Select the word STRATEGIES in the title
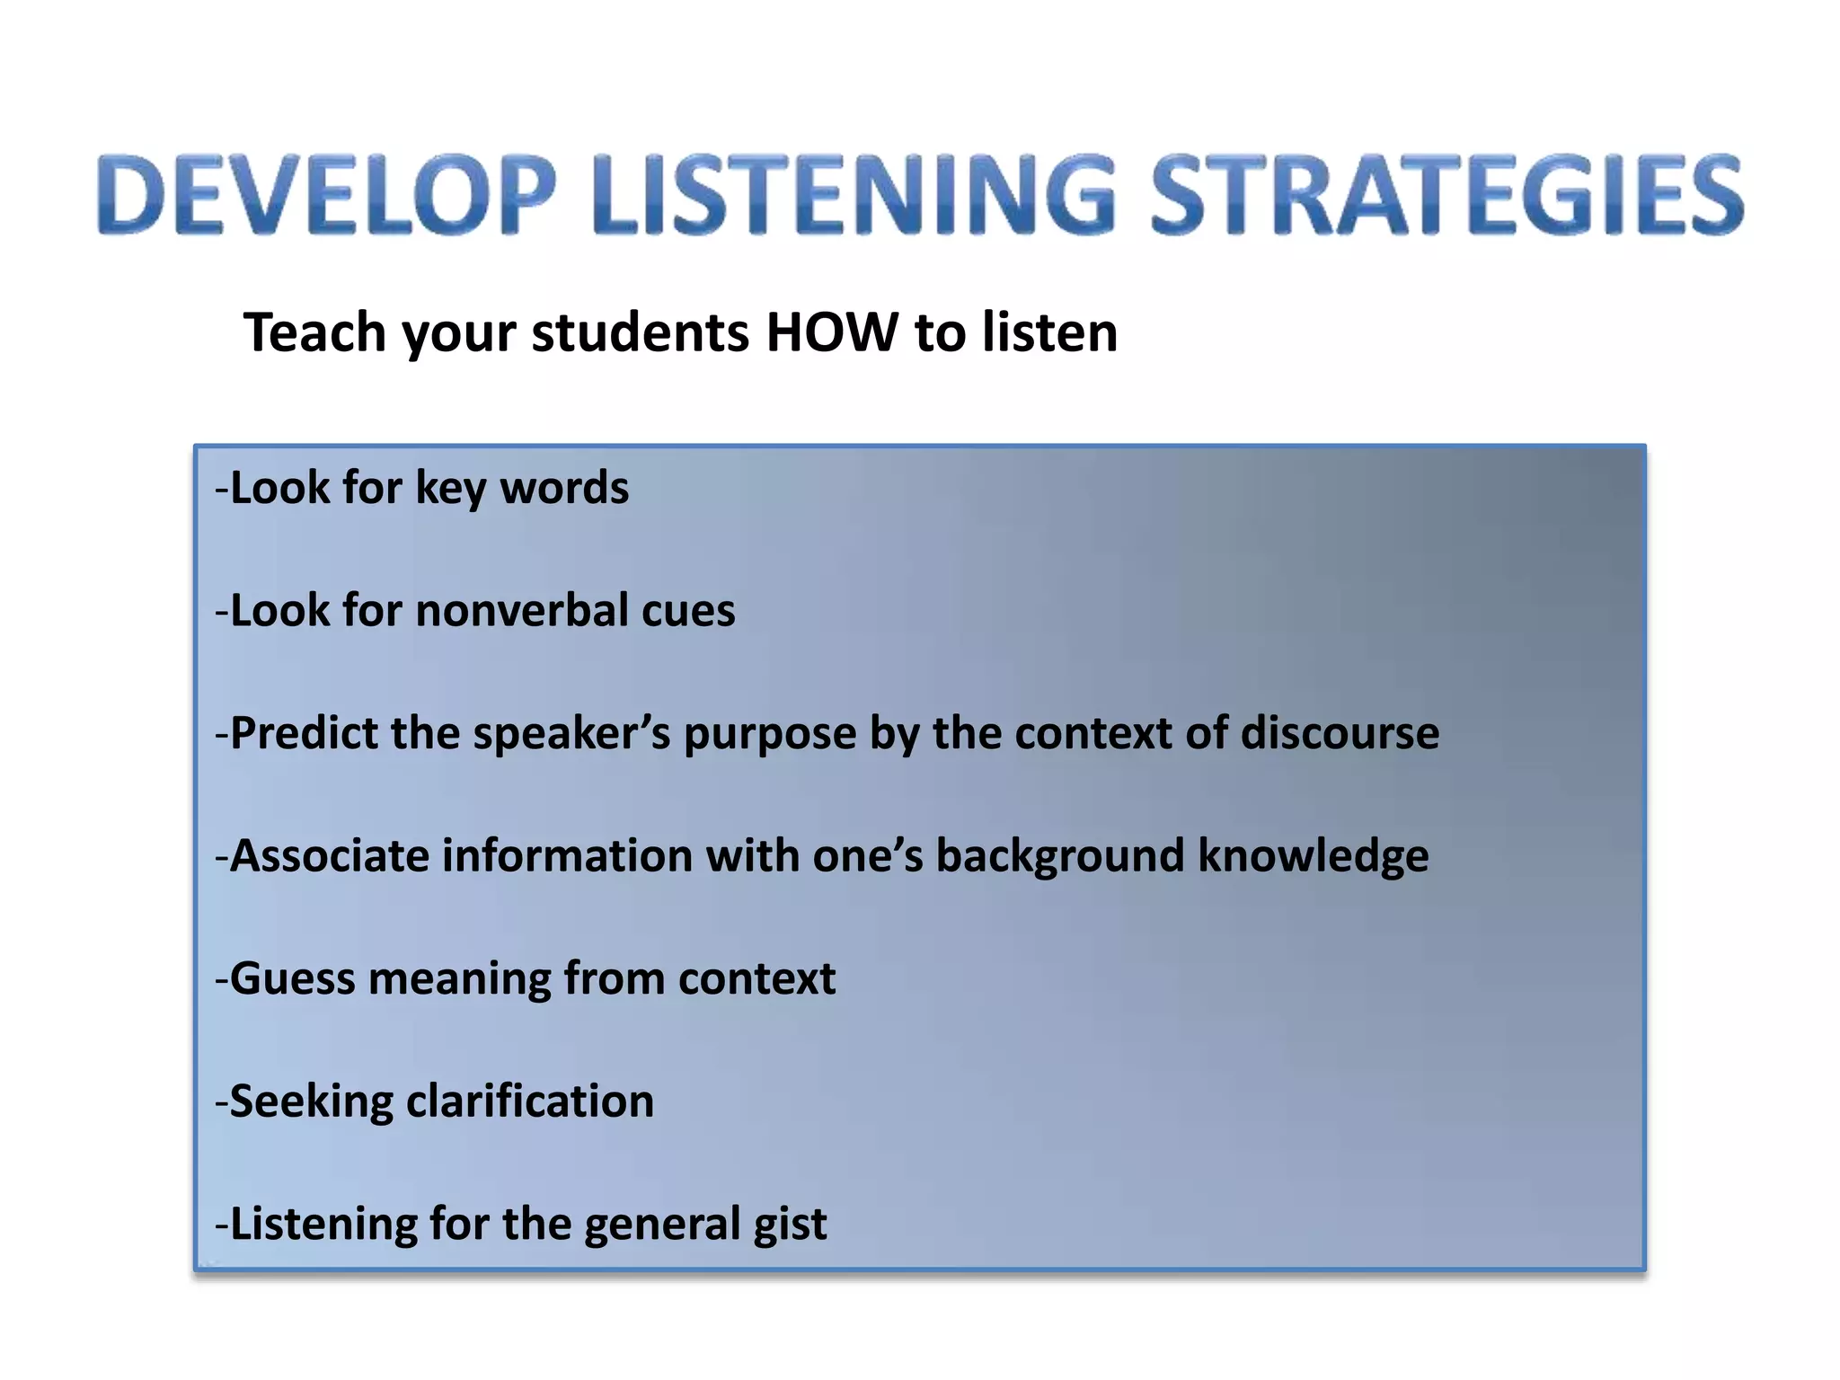(1446, 195)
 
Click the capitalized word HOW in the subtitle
(831, 332)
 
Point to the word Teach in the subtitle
(314, 332)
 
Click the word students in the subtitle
(640, 332)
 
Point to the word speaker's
(571, 733)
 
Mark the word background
(1060, 855)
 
